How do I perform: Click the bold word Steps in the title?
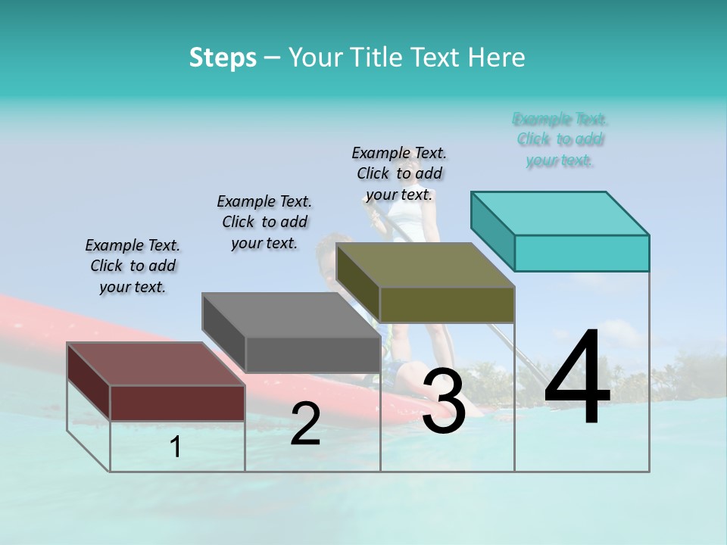click(223, 58)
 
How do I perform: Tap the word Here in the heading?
click(496, 58)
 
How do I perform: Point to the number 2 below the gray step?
click(305, 424)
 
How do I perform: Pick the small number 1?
click(176, 447)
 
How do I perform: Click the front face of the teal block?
click(582, 253)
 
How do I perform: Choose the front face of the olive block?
click(447, 304)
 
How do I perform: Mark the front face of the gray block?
click(313, 354)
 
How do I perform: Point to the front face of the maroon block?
click(178, 403)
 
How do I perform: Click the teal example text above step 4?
click(560, 139)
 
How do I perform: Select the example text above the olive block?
click(399, 173)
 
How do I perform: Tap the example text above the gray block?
click(264, 222)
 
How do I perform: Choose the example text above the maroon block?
click(133, 266)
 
